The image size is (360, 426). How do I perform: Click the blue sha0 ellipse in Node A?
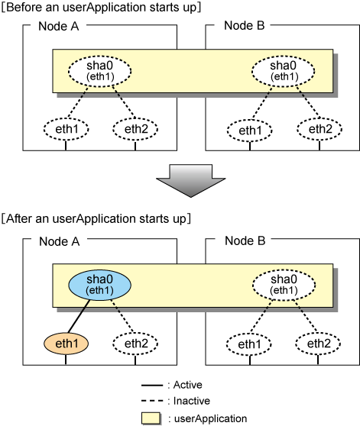pyautogui.click(x=99, y=285)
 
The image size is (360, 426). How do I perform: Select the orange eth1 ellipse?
pyautogui.click(x=66, y=344)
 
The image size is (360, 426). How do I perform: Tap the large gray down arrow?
pyautogui.click(x=190, y=181)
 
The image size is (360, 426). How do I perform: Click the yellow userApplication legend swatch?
pyautogui.click(x=151, y=418)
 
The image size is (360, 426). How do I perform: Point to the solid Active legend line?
pyautogui.click(x=152, y=386)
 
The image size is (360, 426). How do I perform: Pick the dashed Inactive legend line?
pyautogui.click(x=152, y=401)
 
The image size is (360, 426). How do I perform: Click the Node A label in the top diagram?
pyautogui.click(x=58, y=27)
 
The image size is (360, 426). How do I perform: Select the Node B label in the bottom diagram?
pyautogui.click(x=245, y=240)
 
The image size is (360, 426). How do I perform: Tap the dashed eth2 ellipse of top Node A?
pyautogui.click(x=135, y=129)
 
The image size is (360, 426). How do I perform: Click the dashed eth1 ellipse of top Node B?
pyautogui.click(x=250, y=131)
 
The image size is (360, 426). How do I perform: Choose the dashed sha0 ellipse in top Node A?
pyautogui.click(x=99, y=71)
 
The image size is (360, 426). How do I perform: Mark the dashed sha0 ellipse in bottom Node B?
pyautogui.click(x=284, y=285)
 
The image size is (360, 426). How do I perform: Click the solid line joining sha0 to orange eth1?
pyautogui.click(x=79, y=317)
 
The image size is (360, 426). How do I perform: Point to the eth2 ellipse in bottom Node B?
pyautogui.click(x=318, y=344)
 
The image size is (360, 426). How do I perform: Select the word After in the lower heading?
pyautogui.click(x=18, y=218)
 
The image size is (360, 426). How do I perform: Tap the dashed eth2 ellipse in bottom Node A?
pyautogui.click(x=135, y=344)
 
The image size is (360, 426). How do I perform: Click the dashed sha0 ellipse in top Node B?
pyautogui.click(x=283, y=71)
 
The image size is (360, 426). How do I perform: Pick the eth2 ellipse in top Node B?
pyautogui.click(x=319, y=129)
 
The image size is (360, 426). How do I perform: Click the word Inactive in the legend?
pyautogui.click(x=192, y=401)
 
